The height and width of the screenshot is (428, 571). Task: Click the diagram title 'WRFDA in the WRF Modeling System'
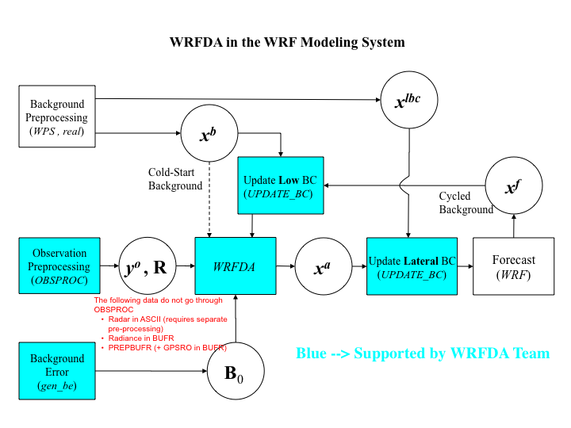point(287,42)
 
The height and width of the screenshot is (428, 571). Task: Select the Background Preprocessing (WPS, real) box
point(57,117)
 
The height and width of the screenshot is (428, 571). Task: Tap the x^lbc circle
point(409,100)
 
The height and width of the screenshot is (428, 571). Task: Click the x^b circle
point(209,134)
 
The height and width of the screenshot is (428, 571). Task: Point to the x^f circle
point(513,186)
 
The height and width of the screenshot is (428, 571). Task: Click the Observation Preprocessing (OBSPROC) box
point(60,266)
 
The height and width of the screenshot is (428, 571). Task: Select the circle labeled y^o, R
point(146,267)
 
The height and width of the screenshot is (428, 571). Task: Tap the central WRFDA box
point(235,267)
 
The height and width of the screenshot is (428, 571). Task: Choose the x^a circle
point(322,267)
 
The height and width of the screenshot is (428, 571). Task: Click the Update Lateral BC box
point(412,266)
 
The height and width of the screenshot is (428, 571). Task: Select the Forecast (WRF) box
point(513,266)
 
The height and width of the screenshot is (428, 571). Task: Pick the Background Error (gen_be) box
point(57,371)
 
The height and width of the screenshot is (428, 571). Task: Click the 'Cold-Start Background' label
point(175,179)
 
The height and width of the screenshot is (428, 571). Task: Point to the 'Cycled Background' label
point(466,203)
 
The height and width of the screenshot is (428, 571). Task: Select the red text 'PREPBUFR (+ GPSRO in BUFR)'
point(167,347)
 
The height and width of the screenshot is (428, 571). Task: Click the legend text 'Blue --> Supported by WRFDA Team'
point(422,353)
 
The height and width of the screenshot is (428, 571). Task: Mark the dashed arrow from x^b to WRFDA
point(209,200)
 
